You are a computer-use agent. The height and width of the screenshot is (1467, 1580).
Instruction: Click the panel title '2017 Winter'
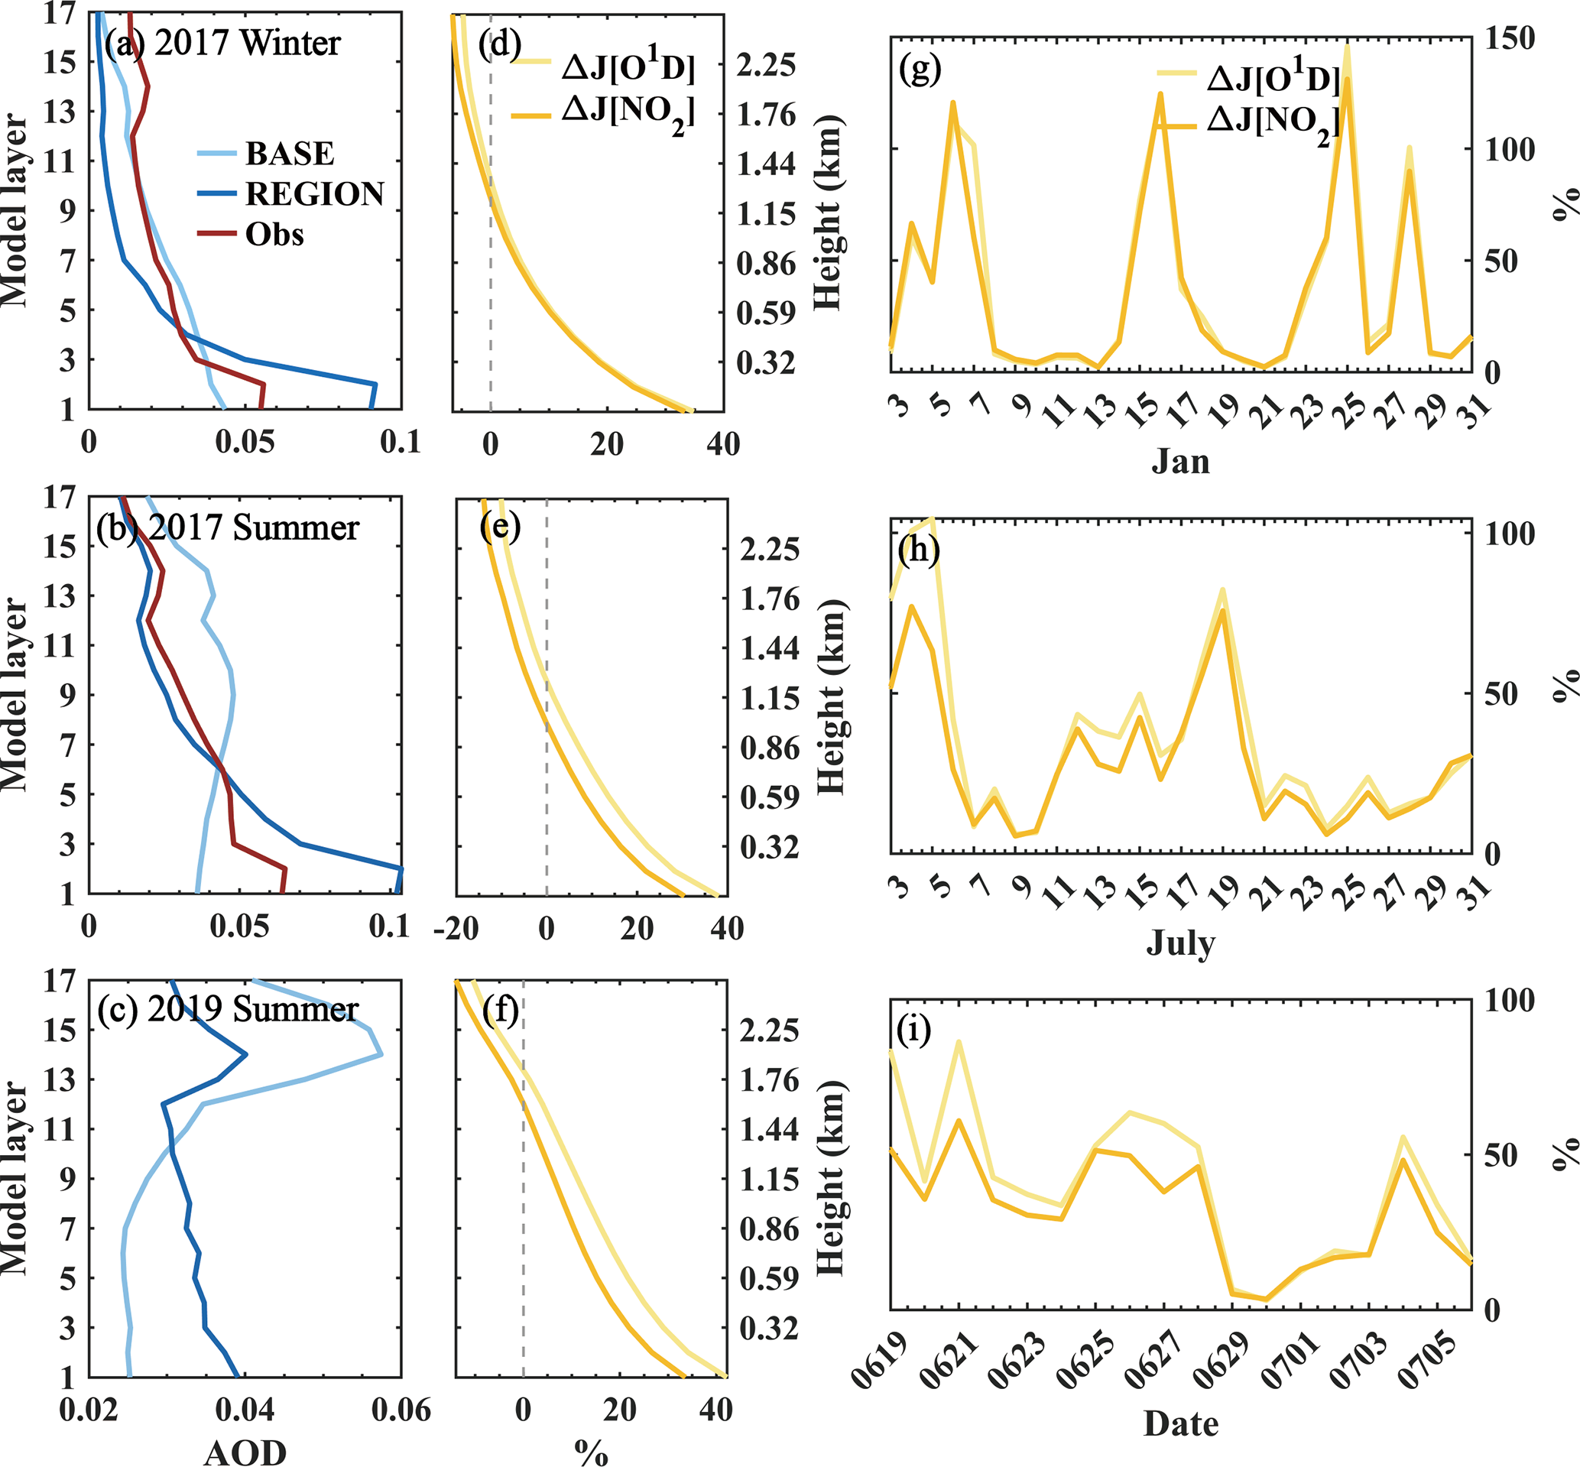[247, 43]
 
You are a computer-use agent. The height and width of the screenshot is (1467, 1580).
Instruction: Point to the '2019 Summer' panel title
[252, 1009]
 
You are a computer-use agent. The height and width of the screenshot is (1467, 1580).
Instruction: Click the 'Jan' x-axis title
[1181, 461]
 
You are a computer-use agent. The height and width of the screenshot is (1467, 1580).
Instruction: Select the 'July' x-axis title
[1181, 944]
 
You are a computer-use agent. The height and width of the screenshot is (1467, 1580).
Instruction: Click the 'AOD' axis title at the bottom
[245, 1452]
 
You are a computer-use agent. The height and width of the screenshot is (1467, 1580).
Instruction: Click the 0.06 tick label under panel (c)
[401, 1410]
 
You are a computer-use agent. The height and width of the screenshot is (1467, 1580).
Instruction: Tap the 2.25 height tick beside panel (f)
[769, 1030]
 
